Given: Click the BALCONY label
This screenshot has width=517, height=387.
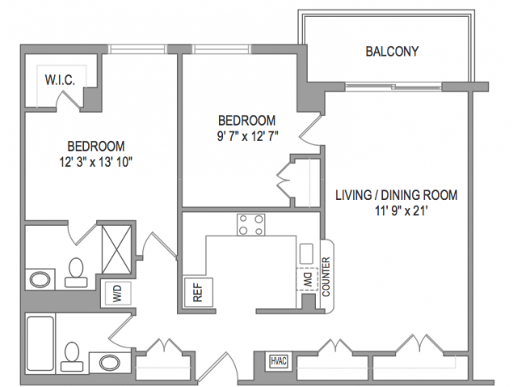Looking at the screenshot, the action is tap(392, 52).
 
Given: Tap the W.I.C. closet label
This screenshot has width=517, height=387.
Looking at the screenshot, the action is tap(60, 80).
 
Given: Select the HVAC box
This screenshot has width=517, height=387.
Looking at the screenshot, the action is tap(278, 361).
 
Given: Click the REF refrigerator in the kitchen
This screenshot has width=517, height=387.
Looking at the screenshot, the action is tap(198, 293).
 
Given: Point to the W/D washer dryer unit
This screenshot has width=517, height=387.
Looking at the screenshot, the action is tap(118, 293).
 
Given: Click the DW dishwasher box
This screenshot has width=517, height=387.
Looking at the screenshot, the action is tap(308, 279).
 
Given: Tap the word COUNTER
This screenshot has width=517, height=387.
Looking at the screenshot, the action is tap(326, 277).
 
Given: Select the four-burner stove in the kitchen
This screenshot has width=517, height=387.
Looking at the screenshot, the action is tap(251, 225).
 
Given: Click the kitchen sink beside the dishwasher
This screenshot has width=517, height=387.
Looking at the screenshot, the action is tap(306, 254).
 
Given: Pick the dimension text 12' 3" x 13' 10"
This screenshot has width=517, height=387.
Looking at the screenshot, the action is tap(96, 162).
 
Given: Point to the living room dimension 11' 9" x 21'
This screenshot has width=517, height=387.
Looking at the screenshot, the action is tap(401, 211).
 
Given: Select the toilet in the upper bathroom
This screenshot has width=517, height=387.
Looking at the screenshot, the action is tap(76, 272).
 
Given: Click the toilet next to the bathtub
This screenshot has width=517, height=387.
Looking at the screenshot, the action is tap(72, 356).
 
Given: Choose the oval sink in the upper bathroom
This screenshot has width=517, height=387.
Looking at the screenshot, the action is tap(40, 279).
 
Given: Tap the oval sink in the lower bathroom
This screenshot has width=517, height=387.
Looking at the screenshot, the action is tap(110, 363).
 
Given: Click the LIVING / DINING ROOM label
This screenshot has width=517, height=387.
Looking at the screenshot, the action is tap(397, 195).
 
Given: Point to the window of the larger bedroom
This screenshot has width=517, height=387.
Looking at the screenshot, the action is tap(137, 49).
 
